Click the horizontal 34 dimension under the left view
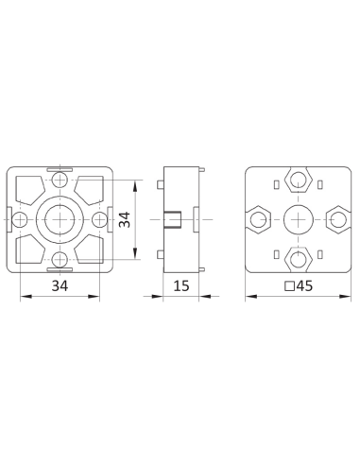60,285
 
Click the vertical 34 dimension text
125,219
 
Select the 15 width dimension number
181,285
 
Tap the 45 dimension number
304,285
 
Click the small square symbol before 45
289,286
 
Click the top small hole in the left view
60,180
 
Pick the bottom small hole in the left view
60,260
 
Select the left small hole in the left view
20,219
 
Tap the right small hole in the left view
99,219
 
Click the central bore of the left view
60,219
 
